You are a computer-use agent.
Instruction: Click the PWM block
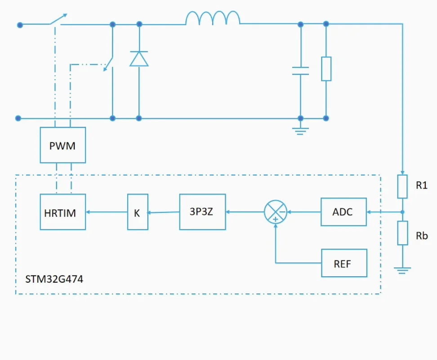coord(62,145)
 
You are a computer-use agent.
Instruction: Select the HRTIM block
coord(62,212)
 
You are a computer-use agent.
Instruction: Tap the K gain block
coord(137,212)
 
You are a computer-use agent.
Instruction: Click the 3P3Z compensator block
coord(202,211)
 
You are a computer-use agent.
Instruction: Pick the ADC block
coord(343,211)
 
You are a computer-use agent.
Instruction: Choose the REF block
coord(344,263)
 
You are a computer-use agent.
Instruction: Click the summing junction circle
coord(275,211)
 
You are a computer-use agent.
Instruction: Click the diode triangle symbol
coord(139,59)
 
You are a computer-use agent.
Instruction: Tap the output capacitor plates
coord(300,71)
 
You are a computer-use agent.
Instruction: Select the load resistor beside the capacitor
coord(326,69)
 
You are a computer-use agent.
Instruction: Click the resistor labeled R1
coord(402,187)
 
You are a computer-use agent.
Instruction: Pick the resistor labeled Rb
coord(402,233)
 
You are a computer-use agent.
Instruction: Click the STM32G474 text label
coord(54,279)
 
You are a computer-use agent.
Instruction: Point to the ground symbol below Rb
coord(402,270)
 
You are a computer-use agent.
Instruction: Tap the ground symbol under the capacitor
coord(300,131)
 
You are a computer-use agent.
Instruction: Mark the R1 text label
coord(422,185)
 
